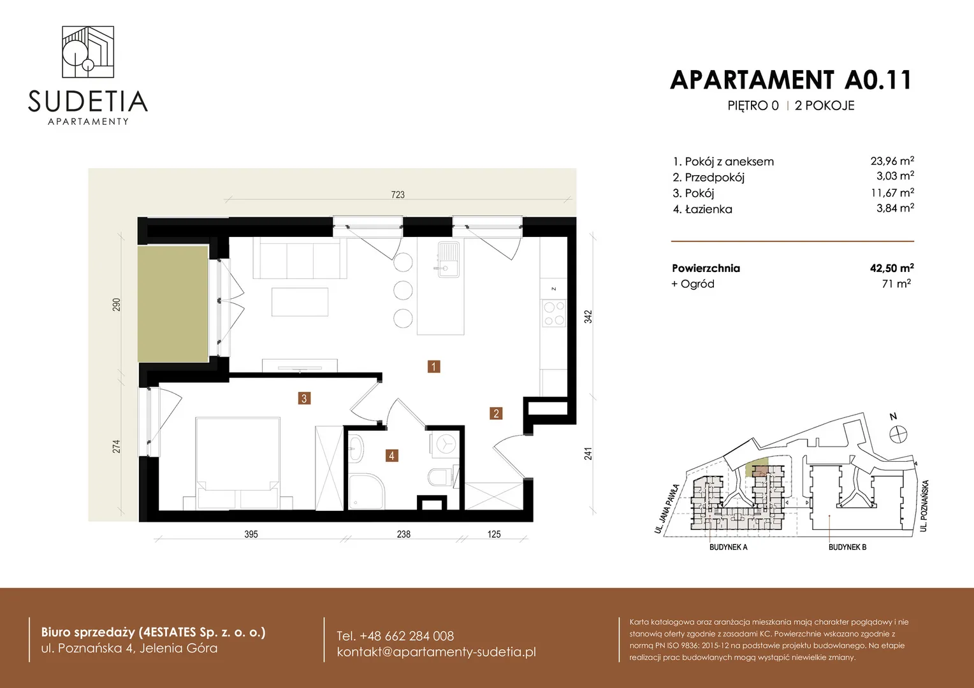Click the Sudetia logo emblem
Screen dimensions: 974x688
coord(88,52)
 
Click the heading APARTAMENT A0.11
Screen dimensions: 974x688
coord(790,80)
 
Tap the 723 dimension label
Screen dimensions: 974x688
coord(397,194)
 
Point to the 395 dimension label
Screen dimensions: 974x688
coord(251,534)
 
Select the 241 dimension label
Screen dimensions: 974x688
coord(588,454)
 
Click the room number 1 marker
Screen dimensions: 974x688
coord(433,366)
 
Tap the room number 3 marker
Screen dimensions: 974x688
coord(304,398)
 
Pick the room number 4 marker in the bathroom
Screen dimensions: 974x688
coord(392,455)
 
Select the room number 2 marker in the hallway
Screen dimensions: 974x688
coord(496,413)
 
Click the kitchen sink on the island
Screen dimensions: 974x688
coord(448,259)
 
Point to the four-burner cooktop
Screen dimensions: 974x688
coord(554,313)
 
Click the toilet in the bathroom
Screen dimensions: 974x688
coord(441,477)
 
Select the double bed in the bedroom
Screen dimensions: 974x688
coord(238,463)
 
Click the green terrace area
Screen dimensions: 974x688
coord(173,304)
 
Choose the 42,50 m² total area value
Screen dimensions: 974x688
coord(892,268)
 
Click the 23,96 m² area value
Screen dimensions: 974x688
coord(892,161)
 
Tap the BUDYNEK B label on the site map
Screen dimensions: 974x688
coord(847,547)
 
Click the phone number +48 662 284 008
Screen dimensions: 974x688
coord(395,636)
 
